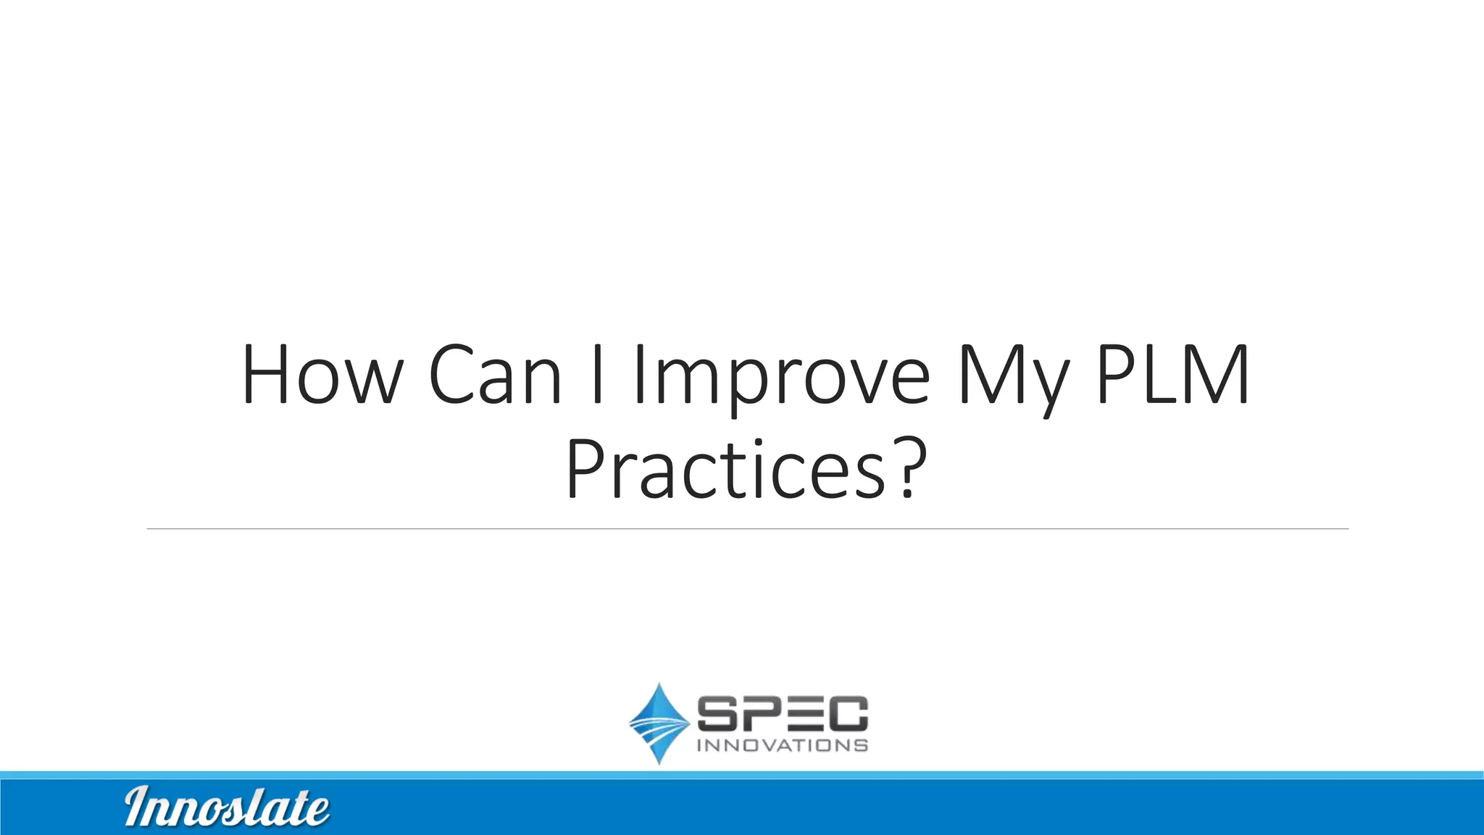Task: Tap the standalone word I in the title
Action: tap(597, 375)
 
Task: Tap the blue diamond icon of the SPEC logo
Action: tap(659, 723)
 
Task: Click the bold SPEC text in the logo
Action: tap(782, 713)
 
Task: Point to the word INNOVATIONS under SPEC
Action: tap(782, 746)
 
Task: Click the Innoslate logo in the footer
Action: tap(227, 807)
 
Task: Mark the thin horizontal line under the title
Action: tap(746, 529)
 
